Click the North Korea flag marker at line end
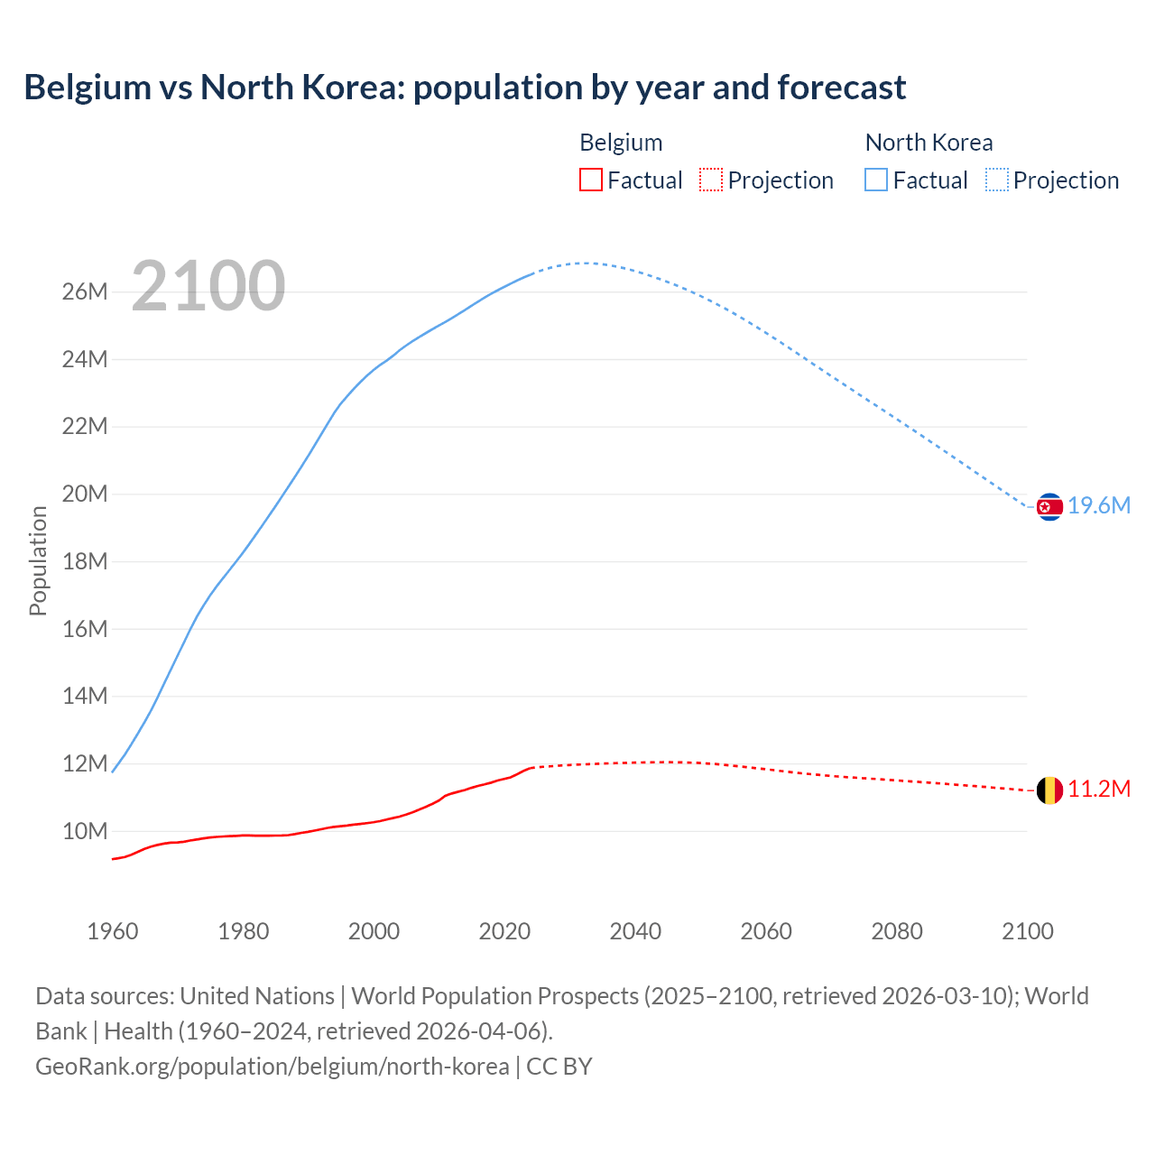click(1049, 507)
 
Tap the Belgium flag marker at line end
click(1049, 790)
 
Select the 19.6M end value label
click(1099, 506)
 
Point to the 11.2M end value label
click(1099, 790)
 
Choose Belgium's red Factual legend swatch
click(590, 180)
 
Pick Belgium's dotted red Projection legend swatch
click(711, 180)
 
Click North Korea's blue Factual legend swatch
click(875, 180)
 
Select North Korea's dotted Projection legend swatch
click(996, 180)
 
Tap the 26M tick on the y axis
click(85, 292)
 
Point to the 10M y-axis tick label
click(85, 831)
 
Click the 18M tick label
click(85, 561)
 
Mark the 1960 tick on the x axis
click(113, 931)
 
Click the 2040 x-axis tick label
click(635, 931)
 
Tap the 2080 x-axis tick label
click(897, 931)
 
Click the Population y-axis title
click(38, 560)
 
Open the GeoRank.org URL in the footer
click(272, 1067)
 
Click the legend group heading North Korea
click(929, 143)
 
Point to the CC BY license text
click(559, 1067)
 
